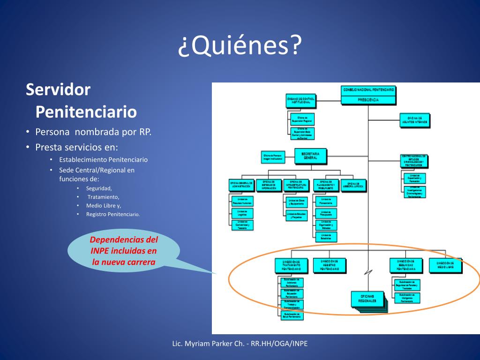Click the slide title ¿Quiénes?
pos(239,46)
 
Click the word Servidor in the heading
pos(58,89)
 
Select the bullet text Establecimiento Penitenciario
pos(103,159)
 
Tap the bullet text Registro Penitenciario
pos(113,214)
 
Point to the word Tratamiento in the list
pos(103,197)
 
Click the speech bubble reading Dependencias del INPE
pos(124,251)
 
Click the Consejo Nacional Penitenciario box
pos(369,89)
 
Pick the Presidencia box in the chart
pos(369,99)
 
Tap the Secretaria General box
pos(310,155)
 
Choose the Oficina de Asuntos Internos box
pos(414,120)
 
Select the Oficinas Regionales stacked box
pos(368,299)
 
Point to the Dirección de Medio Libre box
pos(445,265)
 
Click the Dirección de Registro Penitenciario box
pos(330,265)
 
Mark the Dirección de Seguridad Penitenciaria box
pos(406,265)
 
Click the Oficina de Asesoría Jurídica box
pos(353,185)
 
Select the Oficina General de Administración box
pos(241,185)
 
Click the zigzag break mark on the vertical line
pos(369,272)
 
